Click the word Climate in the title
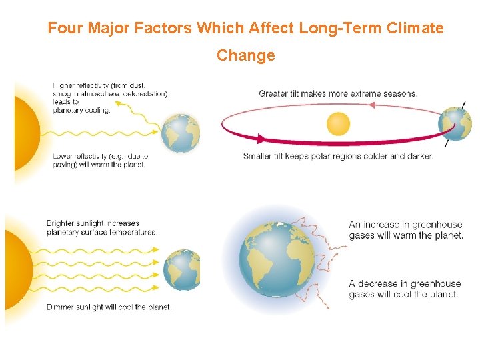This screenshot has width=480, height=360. tap(415, 28)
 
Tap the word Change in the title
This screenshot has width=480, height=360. tap(245, 55)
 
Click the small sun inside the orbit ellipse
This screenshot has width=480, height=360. tap(338, 123)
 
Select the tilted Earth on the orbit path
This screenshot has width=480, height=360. tap(456, 124)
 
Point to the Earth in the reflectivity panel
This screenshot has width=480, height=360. tap(181, 132)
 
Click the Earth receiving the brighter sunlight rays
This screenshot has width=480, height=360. tap(181, 269)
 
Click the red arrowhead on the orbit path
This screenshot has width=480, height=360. tap(258, 138)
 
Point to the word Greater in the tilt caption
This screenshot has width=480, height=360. tap(273, 94)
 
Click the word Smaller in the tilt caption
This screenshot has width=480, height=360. tap(259, 157)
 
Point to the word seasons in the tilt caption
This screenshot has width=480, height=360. tap(399, 94)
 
